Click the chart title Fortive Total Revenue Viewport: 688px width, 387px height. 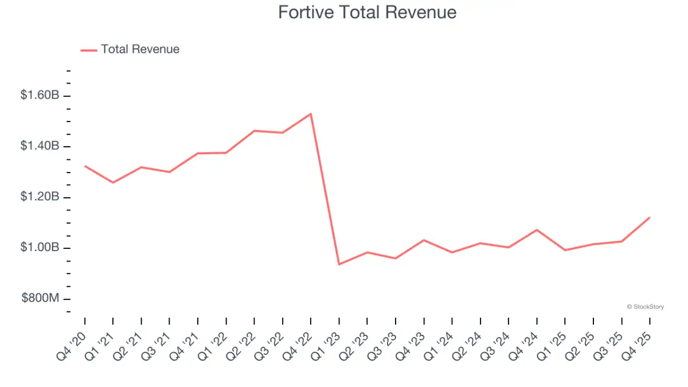367,13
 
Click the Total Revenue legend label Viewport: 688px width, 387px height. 140,49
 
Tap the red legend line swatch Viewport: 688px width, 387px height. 89,50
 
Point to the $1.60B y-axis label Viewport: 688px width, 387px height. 40,96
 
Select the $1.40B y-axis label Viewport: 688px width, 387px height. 40,147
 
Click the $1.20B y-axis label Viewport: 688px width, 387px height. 40,197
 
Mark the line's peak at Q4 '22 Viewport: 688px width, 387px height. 311,114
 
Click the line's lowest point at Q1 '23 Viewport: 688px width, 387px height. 339,264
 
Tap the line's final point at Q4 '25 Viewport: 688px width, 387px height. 650,217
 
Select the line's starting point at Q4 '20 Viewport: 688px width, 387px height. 85,166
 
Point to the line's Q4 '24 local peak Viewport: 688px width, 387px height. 537,230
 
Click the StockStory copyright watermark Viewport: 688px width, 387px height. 646,307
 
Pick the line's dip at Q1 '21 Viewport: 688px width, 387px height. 113,183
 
